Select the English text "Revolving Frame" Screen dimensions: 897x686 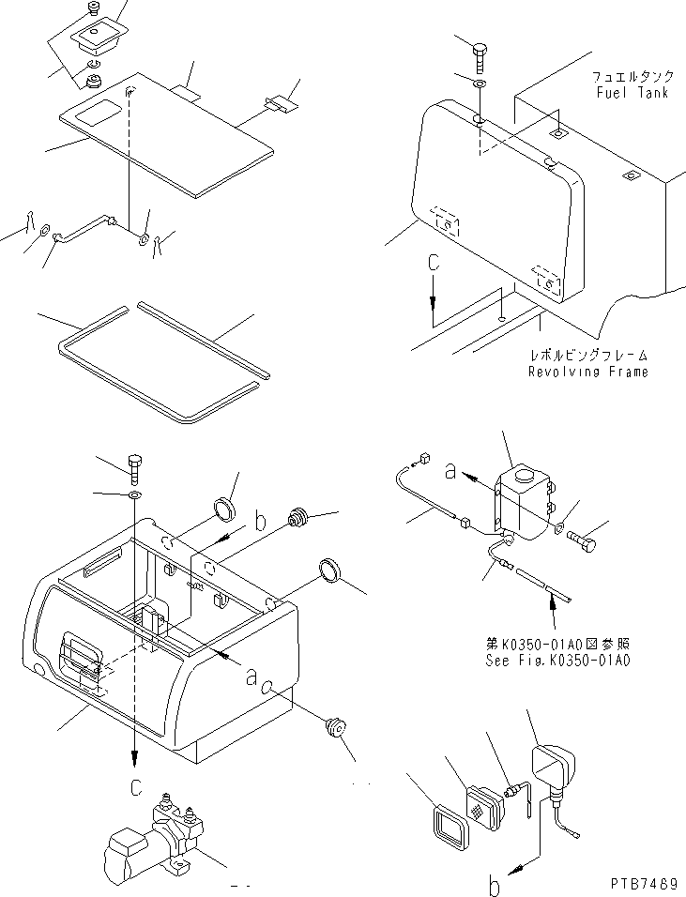(x=587, y=372)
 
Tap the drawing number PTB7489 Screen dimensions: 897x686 (x=643, y=884)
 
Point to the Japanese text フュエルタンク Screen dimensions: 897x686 (x=631, y=78)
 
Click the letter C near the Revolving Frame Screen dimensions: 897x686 (x=433, y=266)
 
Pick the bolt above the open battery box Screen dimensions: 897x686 (x=133, y=464)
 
